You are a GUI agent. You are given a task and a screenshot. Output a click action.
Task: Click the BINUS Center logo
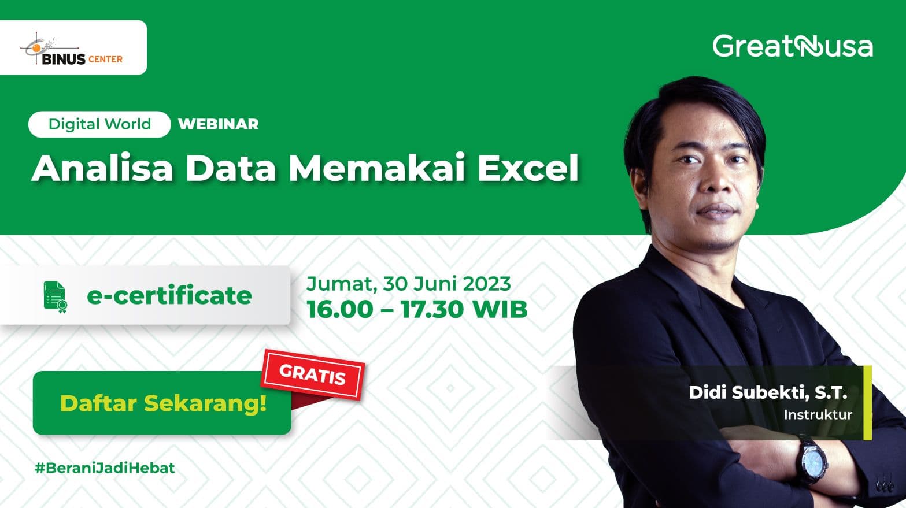coord(72,49)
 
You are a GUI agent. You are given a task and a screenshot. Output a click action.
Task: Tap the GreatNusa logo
coord(793,46)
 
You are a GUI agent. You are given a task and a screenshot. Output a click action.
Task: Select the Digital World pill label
coord(99,124)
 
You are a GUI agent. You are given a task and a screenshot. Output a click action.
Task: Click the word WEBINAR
coord(219,124)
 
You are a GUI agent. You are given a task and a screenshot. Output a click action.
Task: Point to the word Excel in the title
coord(528,168)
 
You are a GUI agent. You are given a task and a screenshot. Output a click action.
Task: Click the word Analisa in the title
coord(102,168)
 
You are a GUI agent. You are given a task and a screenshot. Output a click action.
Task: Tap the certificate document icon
coord(56,297)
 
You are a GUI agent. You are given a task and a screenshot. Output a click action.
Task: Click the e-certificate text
coord(169,295)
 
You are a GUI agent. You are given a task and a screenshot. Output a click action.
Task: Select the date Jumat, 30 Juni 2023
coord(409,284)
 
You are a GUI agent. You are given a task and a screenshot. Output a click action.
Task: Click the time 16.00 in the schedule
coord(340,310)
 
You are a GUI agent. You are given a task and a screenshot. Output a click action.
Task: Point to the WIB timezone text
coord(500,310)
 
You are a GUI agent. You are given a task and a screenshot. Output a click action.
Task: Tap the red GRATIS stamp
coord(313,374)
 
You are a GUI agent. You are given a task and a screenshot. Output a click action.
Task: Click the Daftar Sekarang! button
coord(162,403)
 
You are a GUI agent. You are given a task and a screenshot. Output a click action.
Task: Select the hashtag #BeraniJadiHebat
coord(105,468)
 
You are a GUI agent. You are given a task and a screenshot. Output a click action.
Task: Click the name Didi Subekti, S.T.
coord(768,392)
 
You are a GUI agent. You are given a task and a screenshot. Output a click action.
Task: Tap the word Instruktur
coord(818,414)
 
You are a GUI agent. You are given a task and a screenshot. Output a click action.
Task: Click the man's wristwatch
coord(812,461)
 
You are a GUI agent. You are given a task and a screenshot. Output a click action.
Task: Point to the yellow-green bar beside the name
coord(867,403)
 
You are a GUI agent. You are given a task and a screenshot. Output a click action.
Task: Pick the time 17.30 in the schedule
coord(432,310)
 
